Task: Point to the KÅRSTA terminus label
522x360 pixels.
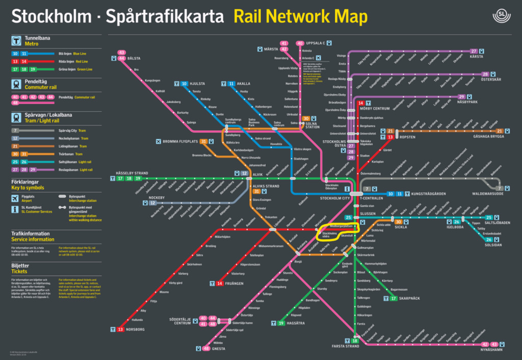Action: (x=477, y=57)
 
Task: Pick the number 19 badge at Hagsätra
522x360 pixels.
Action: (x=281, y=323)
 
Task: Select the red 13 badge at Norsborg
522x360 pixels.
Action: (x=121, y=330)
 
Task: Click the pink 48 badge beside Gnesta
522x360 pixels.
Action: (x=206, y=349)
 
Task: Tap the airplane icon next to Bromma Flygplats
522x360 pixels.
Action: (x=158, y=141)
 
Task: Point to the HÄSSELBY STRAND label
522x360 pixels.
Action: (x=132, y=173)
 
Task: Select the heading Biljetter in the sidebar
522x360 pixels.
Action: (x=21, y=266)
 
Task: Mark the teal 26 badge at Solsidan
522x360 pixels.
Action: (x=489, y=240)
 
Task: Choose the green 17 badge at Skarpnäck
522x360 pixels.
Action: (x=394, y=298)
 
